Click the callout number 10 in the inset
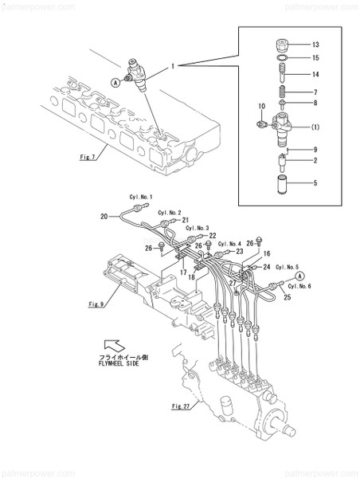(x=260, y=106)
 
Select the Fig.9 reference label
(x=96, y=304)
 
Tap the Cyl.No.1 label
(x=140, y=197)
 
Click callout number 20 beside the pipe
(x=104, y=216)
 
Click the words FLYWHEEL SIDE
(x=120, y=362)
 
